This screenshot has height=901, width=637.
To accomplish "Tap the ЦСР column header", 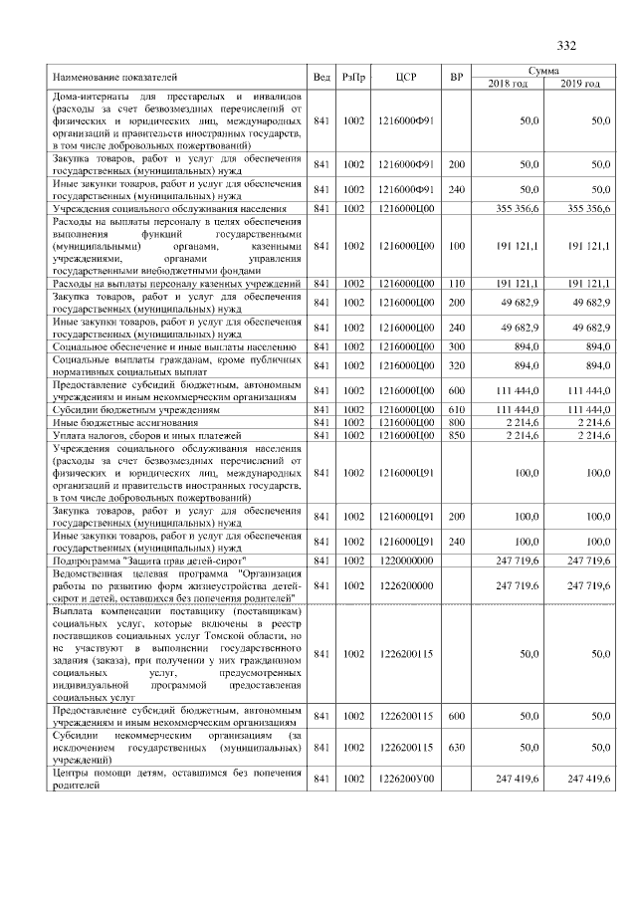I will click(404, 77).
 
